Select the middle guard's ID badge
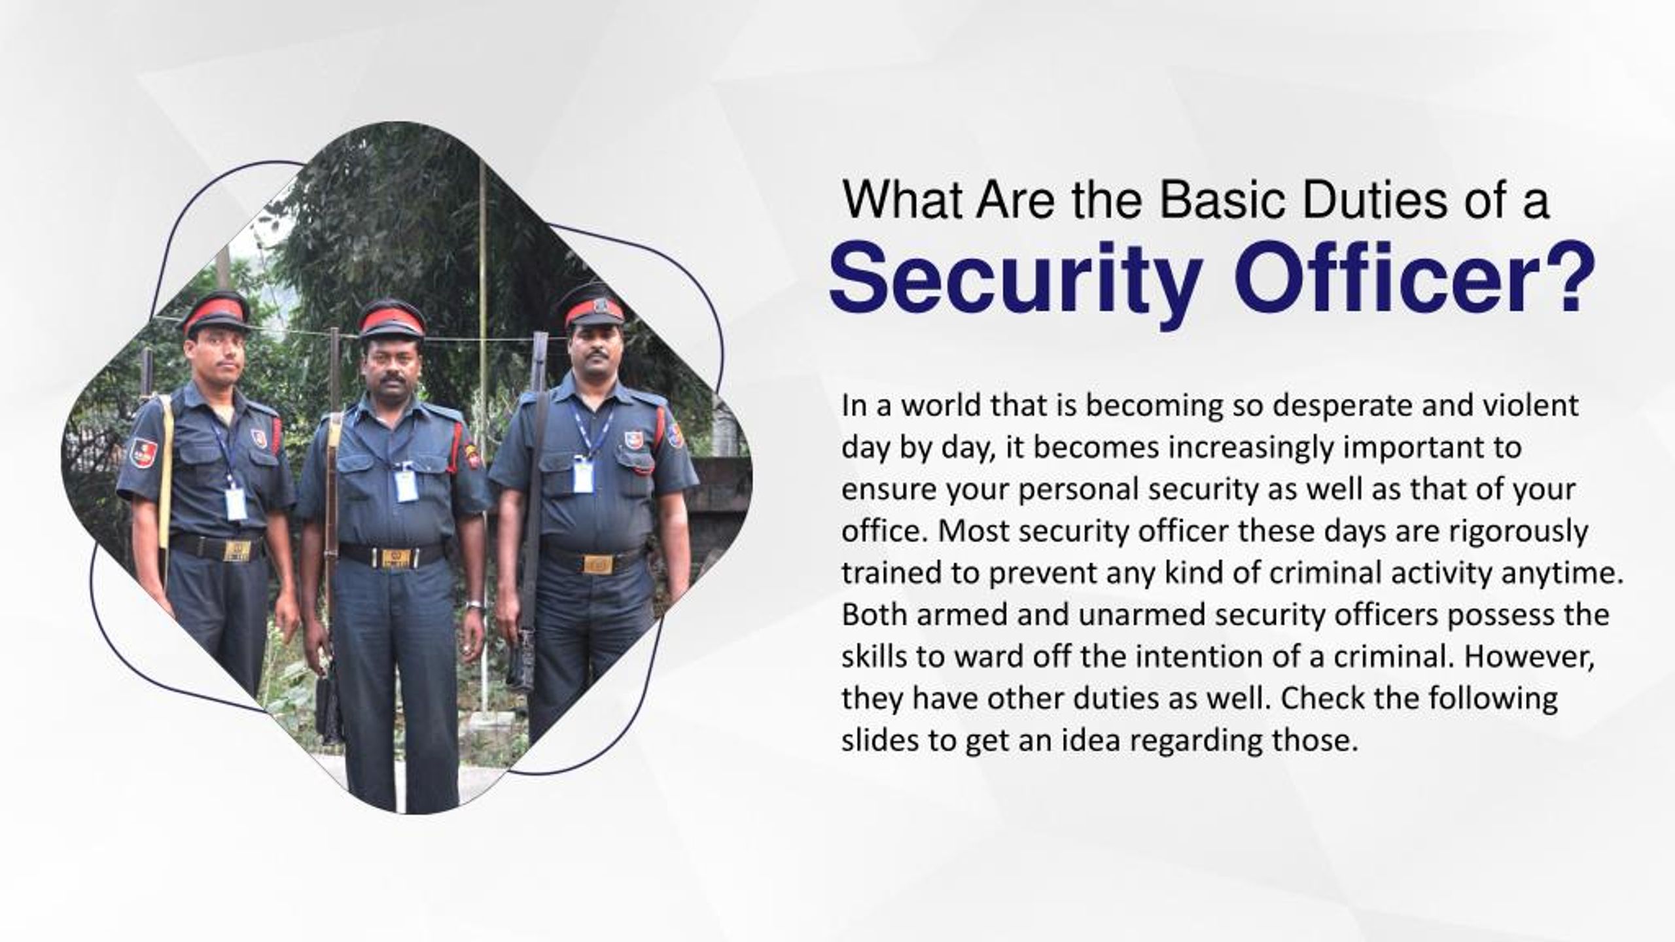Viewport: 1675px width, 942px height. pyautogui.click(x=406, y=485)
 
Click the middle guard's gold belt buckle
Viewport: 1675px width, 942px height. pyautogui.click(x=395, y=558)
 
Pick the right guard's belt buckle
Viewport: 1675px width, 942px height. pyautogui.click(x=597, y=564)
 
